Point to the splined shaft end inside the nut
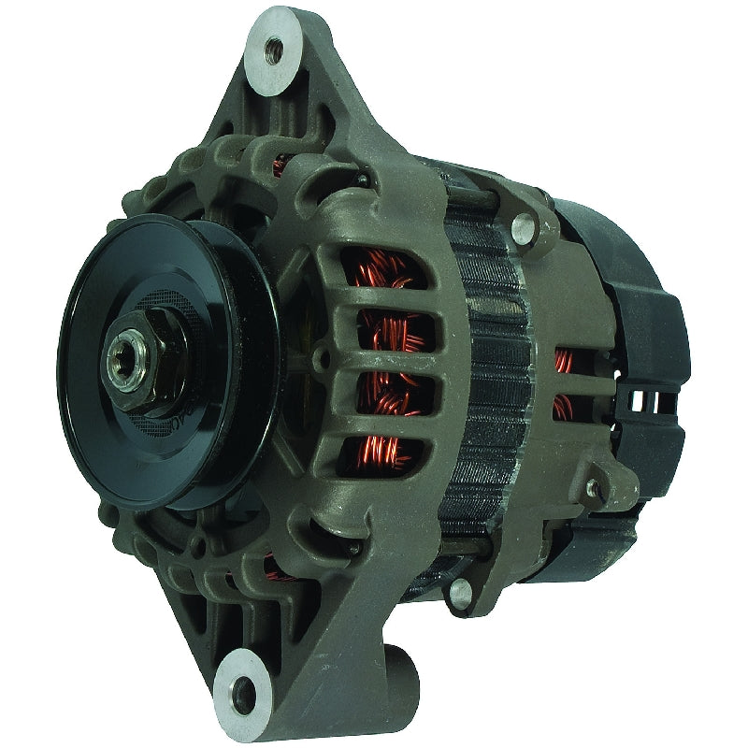(x=124, y=358)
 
